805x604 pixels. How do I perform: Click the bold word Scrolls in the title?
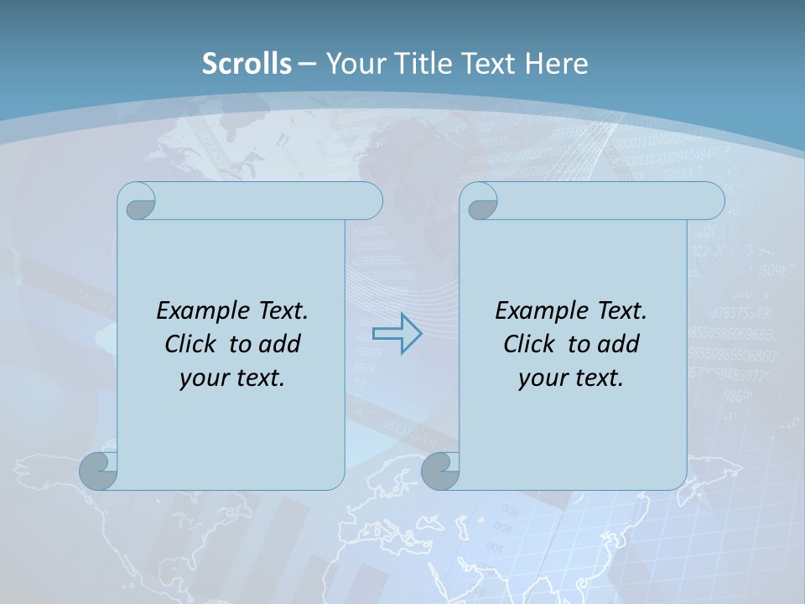(x=247, y=63)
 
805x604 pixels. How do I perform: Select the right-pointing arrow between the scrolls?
(x=397, y=333)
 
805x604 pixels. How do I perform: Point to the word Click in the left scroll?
(x=190, y=344)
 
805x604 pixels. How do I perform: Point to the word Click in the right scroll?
(x=528, y=344)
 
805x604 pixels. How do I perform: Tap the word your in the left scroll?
(x=203, y=378)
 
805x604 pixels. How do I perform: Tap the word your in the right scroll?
(x=542, y=378)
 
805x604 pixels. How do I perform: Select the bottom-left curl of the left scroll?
(x=99, y=471)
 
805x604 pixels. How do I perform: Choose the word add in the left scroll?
(x=279, y=344)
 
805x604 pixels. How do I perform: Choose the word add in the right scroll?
(x=618, y=344)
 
